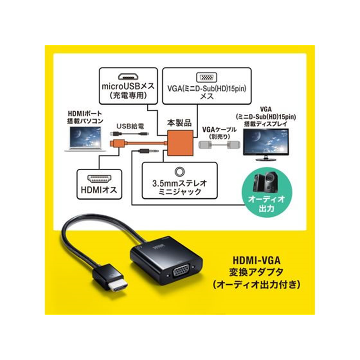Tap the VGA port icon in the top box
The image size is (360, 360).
point(206,77)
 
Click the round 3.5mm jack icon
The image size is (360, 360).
point(180,172)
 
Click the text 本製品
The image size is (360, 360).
point(179,121)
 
